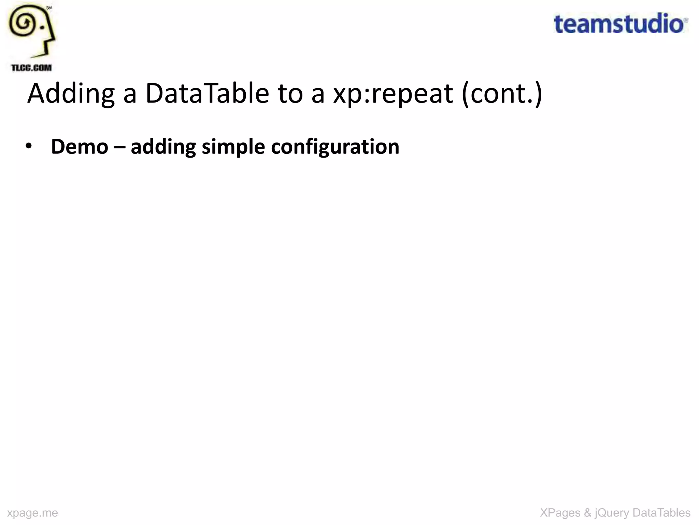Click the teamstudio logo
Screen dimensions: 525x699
[x=620, y=24]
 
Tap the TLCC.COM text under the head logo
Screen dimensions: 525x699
[x=31, y=68]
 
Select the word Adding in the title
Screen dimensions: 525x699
[x=71, y=94]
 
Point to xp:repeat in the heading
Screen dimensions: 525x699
[x=393, y=94]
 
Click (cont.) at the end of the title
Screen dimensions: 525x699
[x=502, y=94]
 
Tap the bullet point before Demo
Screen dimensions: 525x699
[x=29, y=146]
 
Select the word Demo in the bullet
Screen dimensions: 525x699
[x=80, y=147]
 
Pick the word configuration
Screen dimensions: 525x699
[x=335, y=147]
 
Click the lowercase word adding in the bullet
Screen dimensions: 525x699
[x=163, y=147]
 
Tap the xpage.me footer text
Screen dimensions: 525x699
[x=32, y=513]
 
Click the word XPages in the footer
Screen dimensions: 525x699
[x=560, y=513]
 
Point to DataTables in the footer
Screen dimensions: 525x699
[x=661, y=513]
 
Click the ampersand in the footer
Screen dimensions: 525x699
[x=587, y=513]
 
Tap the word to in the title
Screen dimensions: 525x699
[x=290, y=94]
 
